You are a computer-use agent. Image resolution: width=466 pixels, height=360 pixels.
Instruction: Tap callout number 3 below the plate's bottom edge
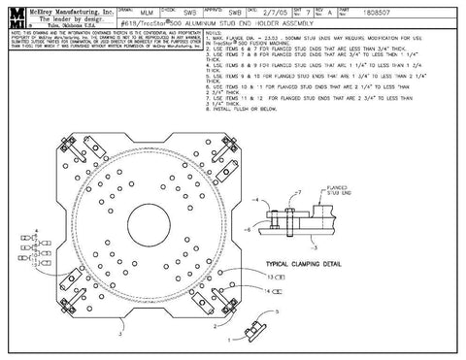(x=118, y=332)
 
